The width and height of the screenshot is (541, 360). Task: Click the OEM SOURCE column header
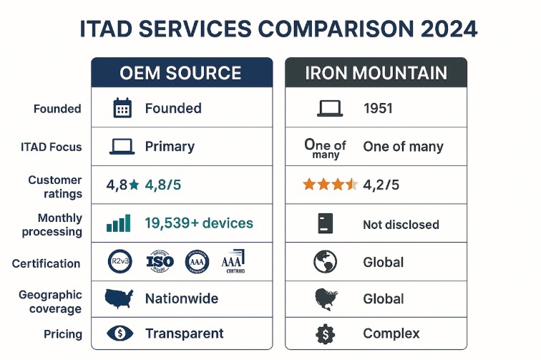tap(181, 73)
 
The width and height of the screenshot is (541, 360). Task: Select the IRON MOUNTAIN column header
tap(376, 73)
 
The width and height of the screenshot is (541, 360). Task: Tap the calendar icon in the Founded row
tap(122, 109)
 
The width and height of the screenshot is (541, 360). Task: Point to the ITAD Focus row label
tap(51, 147)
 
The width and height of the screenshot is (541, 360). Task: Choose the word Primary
tap(170, 147)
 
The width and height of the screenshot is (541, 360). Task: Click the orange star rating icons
tap(330, 185)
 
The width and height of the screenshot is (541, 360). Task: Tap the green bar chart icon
tap(119, 223)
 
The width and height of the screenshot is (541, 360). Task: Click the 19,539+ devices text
tap(199, 223)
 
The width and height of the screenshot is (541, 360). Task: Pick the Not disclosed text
tap(401, 224)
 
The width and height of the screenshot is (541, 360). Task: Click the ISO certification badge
tap(160, 262)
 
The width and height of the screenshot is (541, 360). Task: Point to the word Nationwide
tap(182, 298)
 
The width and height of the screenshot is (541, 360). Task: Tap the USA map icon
tap(120, 298)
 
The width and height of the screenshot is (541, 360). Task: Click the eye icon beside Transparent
tap(120, 334)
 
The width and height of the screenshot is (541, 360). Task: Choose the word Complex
tap(391, 334)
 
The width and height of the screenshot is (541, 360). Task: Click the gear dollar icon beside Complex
tap(326, 334)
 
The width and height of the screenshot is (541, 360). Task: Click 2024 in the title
tap(440, 30)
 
